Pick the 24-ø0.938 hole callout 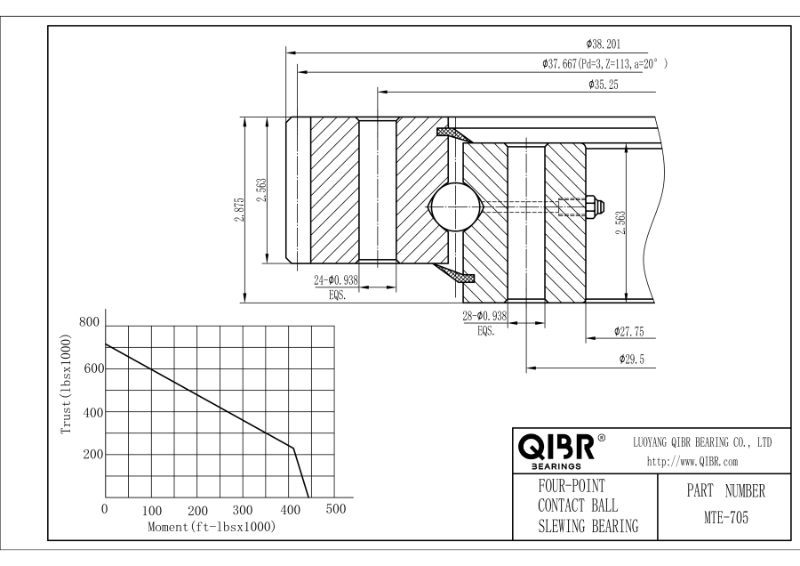coord(336,279)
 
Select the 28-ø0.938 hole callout coord(484,316)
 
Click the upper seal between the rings coord(453,134)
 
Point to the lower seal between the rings coord(453,272)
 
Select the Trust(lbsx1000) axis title coord(67,384)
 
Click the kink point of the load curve coord(292,448)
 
